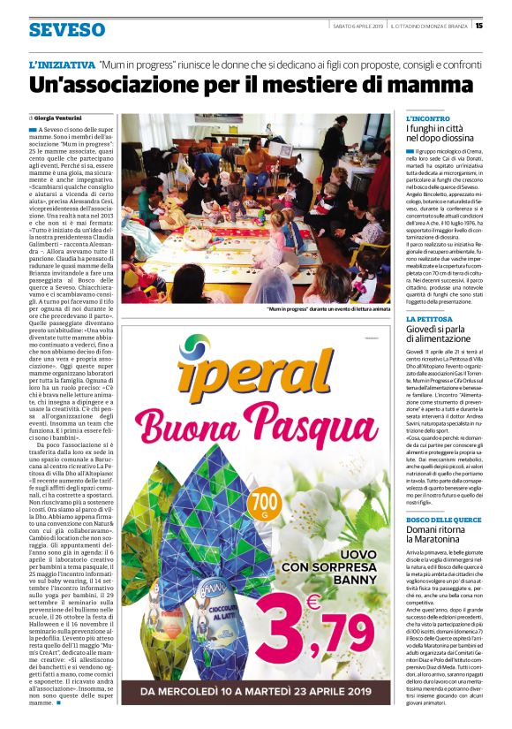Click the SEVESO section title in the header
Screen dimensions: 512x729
[66, 30]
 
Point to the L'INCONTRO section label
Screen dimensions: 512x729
[428, 118]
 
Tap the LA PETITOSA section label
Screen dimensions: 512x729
[430, 319]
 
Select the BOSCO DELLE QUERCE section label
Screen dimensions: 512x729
[444, 520]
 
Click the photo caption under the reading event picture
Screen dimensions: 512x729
[328, 309]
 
